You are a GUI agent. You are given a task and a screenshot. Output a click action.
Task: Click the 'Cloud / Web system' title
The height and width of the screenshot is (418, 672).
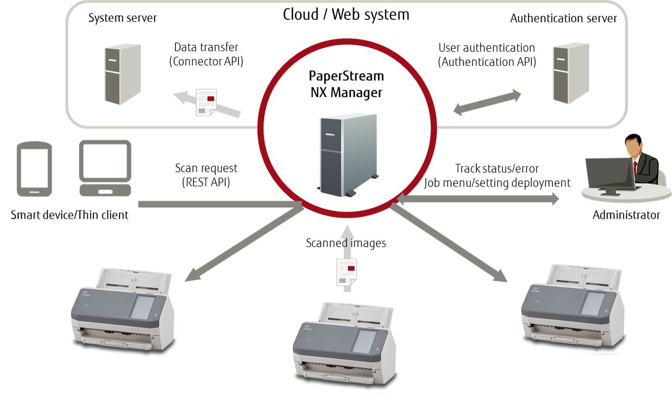[346, 15]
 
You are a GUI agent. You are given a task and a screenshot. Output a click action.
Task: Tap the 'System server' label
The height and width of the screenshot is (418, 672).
[122, 18]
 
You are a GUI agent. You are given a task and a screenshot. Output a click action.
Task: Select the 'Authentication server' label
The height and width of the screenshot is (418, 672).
[563, 18]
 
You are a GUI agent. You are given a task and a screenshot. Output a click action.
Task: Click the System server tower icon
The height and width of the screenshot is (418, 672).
[122, 74]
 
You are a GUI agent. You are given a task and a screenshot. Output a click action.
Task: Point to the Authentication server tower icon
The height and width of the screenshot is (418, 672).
[570, 73]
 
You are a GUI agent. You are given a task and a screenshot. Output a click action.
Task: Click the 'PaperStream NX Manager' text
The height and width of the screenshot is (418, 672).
[346, 84]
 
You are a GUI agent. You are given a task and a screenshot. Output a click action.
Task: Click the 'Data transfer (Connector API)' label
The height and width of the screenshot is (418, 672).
[206, 54]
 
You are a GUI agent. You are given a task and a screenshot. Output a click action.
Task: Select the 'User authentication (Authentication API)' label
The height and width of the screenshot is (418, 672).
[487, 55]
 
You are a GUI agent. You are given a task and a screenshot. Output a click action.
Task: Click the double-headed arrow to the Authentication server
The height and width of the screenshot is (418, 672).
[487, 102]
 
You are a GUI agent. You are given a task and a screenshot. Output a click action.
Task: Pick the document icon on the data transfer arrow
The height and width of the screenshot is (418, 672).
[206, 102]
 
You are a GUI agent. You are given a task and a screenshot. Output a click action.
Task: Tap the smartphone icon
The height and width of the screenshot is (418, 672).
[34, 169]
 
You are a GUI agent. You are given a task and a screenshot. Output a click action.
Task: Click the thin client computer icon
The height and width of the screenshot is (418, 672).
[105, 168]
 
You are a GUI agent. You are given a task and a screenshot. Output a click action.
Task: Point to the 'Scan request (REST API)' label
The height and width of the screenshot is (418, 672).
[206, 175]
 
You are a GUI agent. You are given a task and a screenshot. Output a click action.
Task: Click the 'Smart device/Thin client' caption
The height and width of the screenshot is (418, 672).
[69, 215]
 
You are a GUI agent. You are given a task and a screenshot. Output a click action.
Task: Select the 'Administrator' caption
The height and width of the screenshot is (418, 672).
[626, 215]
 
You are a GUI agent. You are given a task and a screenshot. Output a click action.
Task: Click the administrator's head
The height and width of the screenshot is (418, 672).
[633, 145]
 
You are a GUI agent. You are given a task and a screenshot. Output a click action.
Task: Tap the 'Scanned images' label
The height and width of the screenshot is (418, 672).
[346, 243]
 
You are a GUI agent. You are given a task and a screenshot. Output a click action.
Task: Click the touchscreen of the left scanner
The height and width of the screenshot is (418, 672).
[142, 307]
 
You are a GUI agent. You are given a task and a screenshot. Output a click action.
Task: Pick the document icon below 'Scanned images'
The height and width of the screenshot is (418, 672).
[347, 272]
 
